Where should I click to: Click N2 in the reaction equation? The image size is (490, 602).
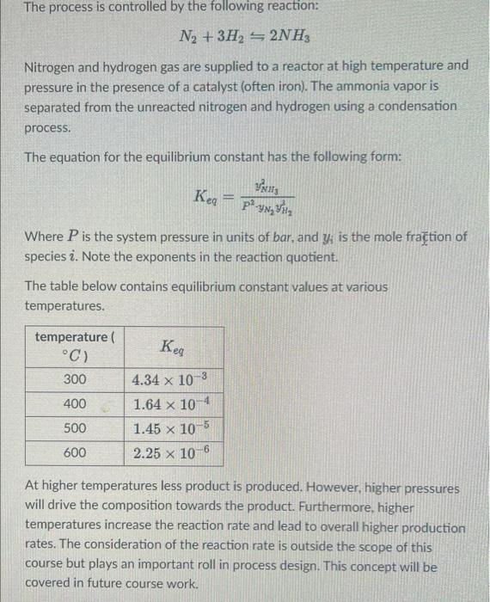pos(187,40)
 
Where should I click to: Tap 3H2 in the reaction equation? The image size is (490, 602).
pos(225,40)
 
